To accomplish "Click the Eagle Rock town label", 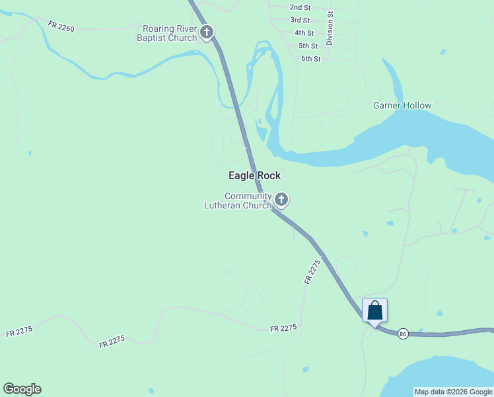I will point(254,175).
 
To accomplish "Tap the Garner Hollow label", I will point(402,105).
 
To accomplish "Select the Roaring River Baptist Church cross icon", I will point(207,32).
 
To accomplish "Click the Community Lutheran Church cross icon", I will point(281,199).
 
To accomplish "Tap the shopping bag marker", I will point(374,310).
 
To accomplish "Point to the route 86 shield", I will point(403,335).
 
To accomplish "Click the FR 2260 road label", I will point(61,26).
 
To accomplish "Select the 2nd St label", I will point(300,7).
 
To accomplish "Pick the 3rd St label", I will point(300,21).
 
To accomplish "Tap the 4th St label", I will point(304,32).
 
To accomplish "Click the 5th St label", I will point(308,46).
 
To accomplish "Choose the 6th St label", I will point(310,59).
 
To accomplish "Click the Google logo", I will point(22,389).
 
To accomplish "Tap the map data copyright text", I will point(453,392).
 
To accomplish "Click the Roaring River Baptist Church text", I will point(170,33).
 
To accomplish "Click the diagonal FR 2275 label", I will point(312,271).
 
